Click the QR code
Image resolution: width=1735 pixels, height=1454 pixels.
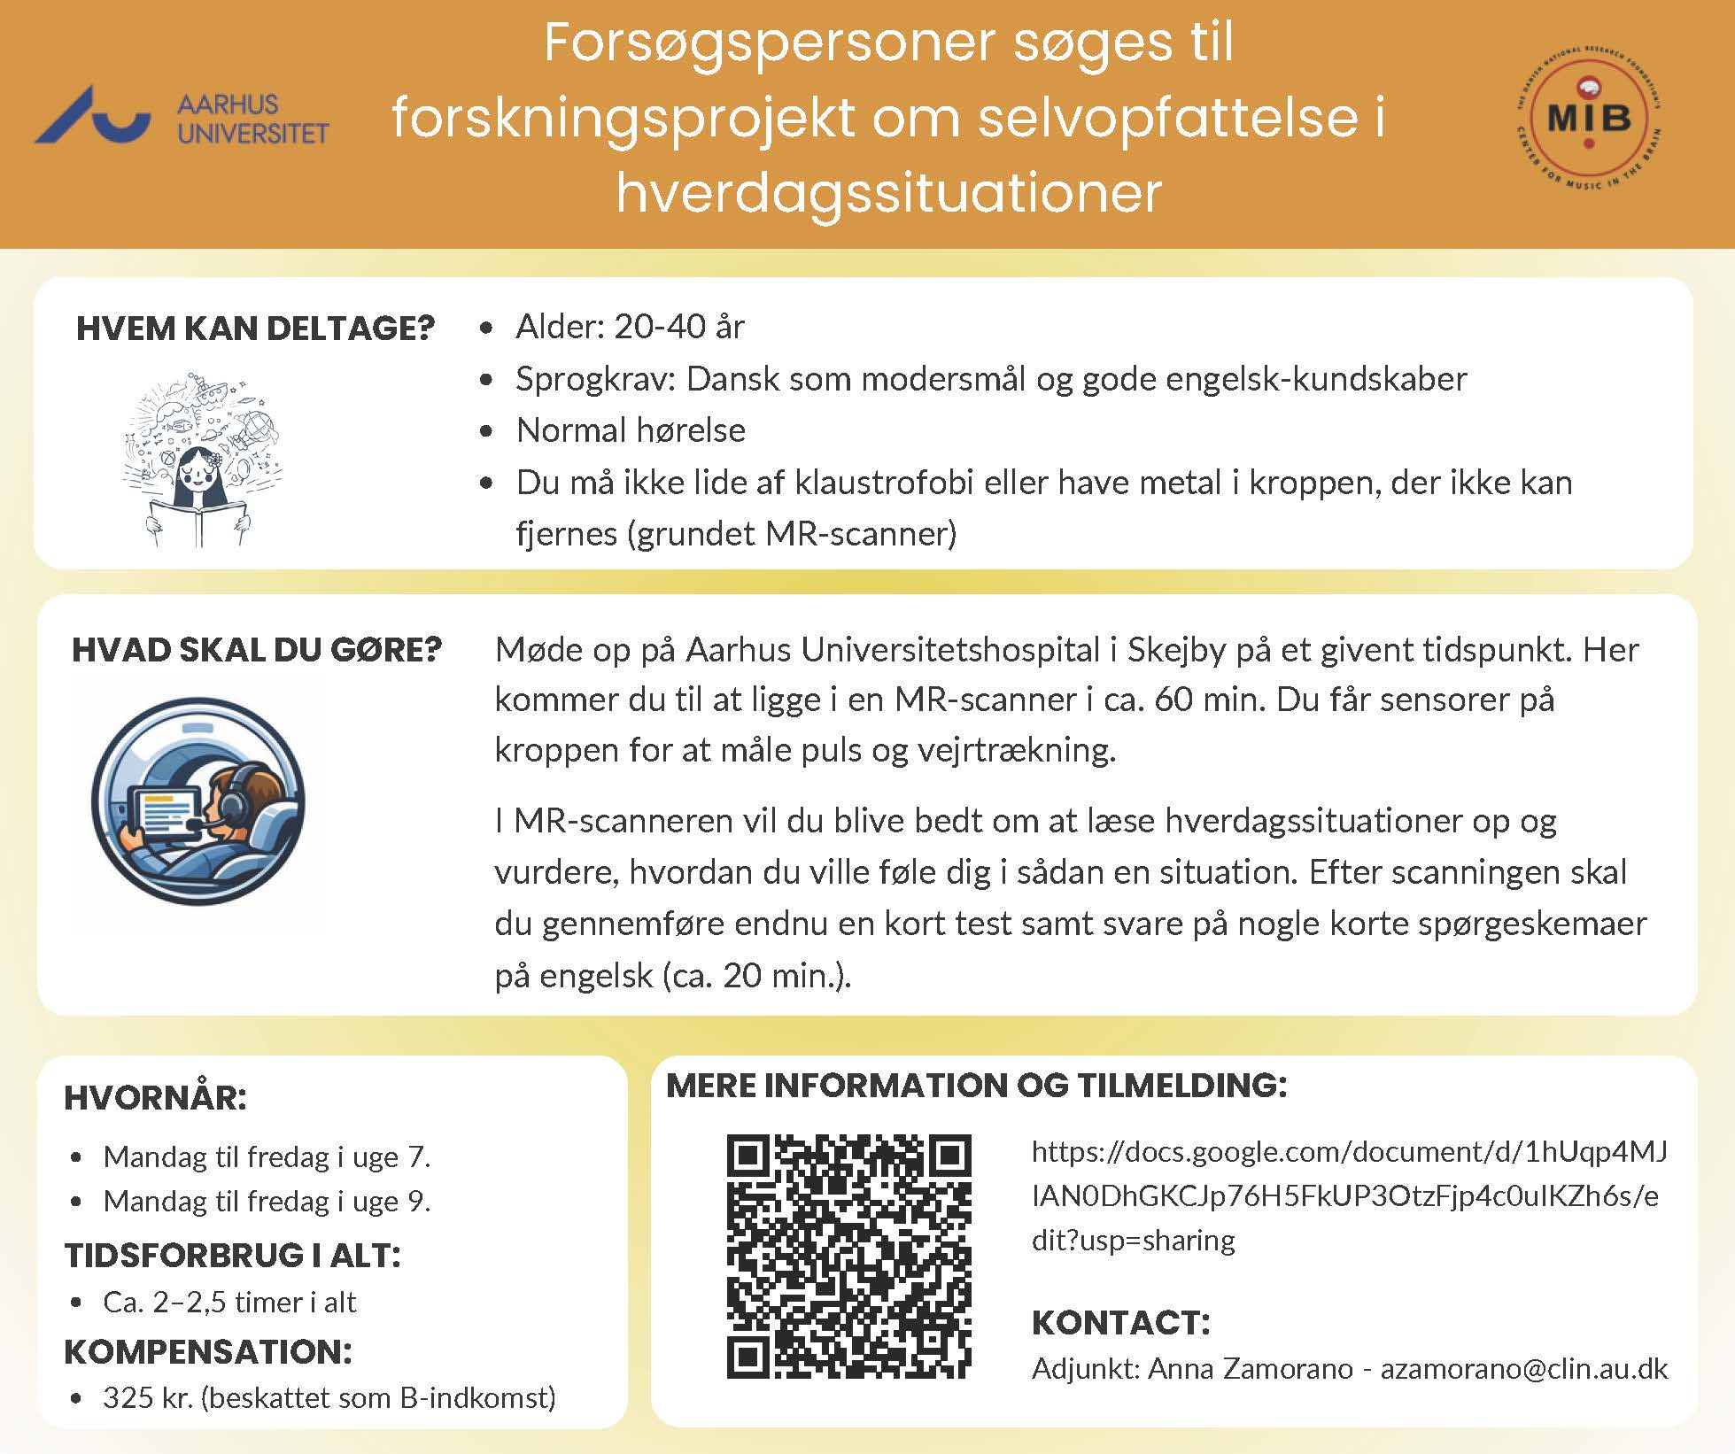coord(848,1256)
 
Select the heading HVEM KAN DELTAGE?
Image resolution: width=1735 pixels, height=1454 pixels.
coord(255,329)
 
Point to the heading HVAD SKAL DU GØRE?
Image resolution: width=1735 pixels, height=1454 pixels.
coord(256,650)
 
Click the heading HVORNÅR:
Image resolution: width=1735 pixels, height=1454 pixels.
coord(155,1098)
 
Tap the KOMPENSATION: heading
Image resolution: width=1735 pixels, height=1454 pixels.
coord(208,1352)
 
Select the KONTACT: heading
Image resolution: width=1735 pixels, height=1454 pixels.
coord(1120,1323)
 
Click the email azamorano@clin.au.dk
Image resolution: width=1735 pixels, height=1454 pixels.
coord(1523,1369)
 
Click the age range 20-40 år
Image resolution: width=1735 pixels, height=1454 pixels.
coord(679,327)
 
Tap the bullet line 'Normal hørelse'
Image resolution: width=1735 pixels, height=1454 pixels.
coord(631,430)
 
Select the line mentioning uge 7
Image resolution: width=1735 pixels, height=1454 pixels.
coord(267,1156)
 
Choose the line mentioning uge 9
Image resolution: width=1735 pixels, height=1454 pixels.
coord(267,1202)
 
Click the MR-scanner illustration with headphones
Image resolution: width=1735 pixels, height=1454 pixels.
coord(198,805)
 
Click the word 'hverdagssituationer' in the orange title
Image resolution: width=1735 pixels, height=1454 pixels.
coord(888,192)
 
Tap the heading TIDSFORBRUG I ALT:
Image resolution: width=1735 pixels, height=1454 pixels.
coord(232,1256)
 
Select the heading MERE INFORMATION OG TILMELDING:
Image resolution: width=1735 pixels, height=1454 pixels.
coord(976,1086)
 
